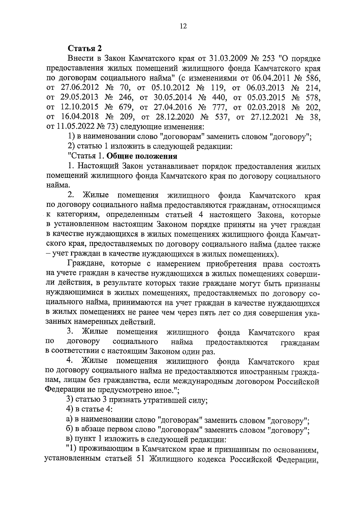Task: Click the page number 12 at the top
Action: pos(183,26)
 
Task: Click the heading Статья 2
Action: pos(85,48)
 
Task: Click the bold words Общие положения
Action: pos(142,156)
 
